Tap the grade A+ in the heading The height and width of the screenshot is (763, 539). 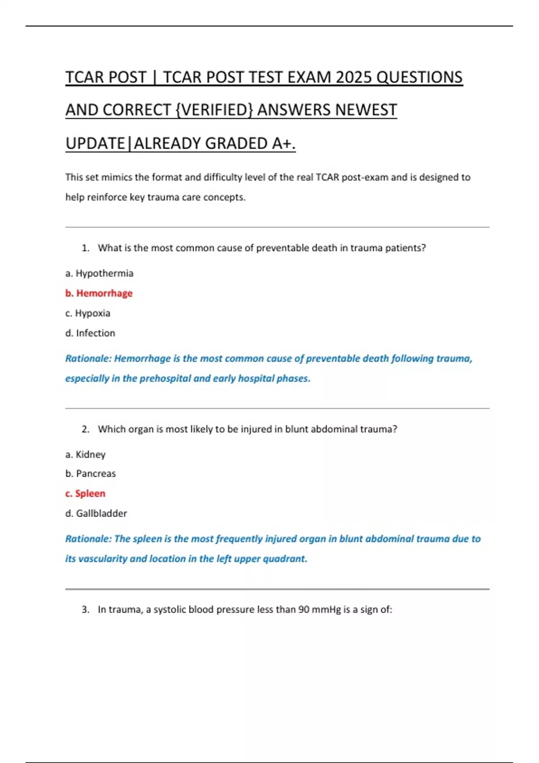click(283, 143)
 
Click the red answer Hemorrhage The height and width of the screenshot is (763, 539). click(104, 293)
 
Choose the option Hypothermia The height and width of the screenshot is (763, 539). click(104, 273)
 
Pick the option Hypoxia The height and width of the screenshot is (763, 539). click(93, 313)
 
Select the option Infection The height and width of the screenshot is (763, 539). click(95, 333)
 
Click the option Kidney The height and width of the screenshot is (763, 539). click(90, 454)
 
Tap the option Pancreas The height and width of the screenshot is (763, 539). click(96, 474)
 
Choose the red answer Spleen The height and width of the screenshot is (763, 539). click(90, 493)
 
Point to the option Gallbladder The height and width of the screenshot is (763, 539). click(101, 513)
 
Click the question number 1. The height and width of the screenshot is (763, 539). click(85, 248)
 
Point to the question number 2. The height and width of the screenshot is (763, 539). click(85, 429)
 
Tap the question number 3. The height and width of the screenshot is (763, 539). click(85, 610)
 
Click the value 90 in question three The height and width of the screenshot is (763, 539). click(304, 610)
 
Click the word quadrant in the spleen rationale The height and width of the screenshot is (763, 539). click(285, 559)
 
